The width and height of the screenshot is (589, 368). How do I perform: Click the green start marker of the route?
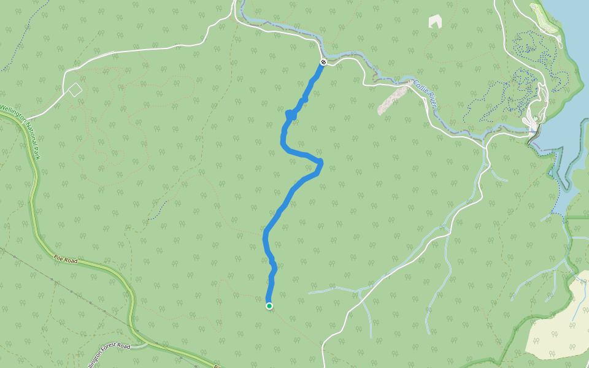coord(269,305)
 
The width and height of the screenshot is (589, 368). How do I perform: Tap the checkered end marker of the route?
coord(323,62)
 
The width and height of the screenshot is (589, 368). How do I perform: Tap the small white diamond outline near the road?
coord(75,90)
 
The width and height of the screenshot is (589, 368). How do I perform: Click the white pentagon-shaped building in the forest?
coord(435,21)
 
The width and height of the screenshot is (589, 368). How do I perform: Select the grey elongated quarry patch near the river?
coord(393,98)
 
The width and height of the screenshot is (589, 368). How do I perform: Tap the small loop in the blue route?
coord(291,113)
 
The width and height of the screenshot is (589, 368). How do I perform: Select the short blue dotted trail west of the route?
coord(158,209)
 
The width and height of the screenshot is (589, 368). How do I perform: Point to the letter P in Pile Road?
coord(56,257)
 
